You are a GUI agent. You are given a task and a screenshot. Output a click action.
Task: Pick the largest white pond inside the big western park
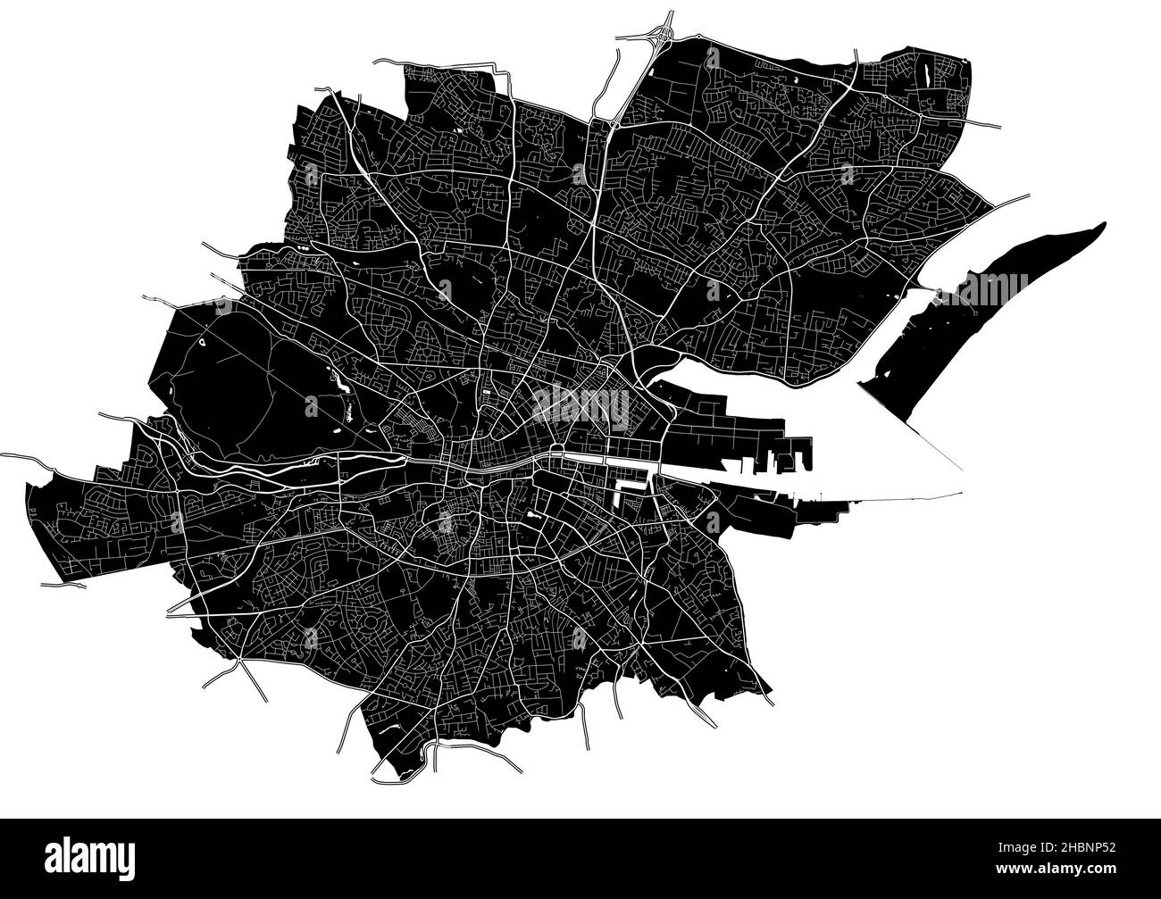[x=340, y=384]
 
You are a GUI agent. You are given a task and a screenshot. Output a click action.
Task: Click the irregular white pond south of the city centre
[x=534, y=515]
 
